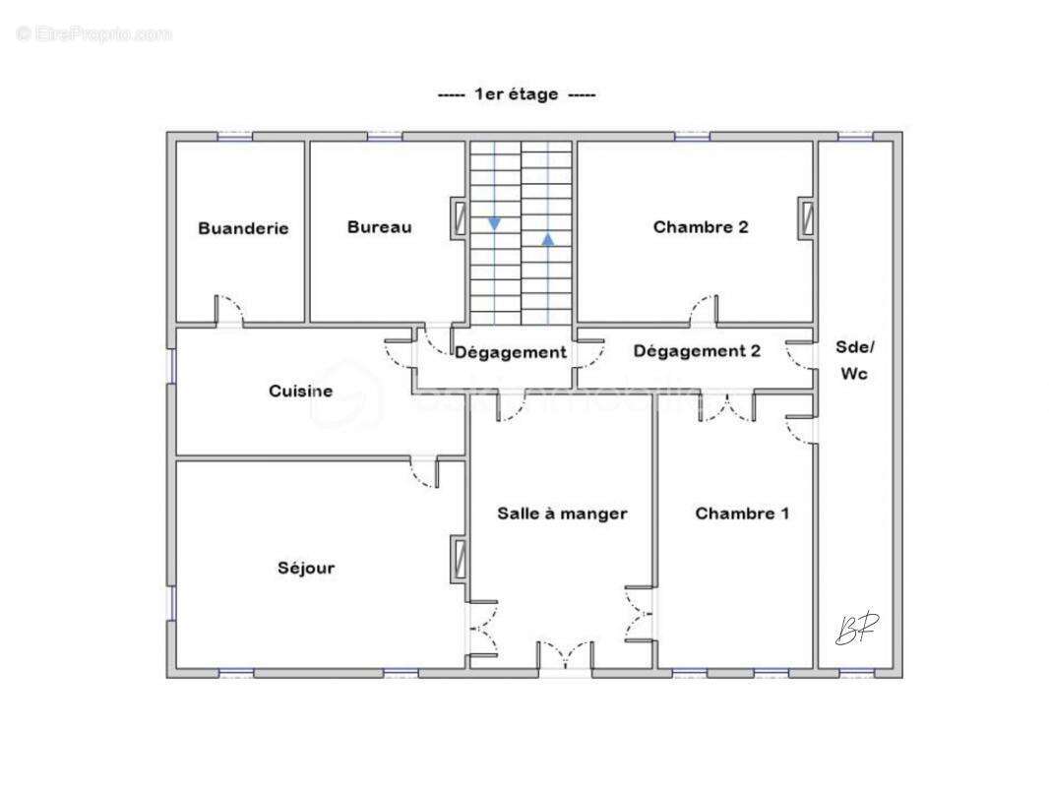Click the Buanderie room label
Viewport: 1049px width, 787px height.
(x=243, y=228)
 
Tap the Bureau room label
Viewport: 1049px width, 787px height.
(x=379, y=227)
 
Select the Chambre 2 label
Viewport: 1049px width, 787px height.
(x=701, y=227)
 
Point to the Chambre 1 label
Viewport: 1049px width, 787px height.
(x=742, y=514)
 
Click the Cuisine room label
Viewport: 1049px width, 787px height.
(x=300, y=392)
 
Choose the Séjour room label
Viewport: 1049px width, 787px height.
(x=305, y=568)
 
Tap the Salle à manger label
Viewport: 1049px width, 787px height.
(x=562, y=514)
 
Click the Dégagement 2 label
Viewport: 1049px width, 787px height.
(x=697, y=351)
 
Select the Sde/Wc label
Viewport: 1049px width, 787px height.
(x=853, y=360)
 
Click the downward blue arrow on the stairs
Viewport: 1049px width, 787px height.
(x=494, y=223)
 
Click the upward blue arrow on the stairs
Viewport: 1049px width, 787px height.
(x=547, y=238)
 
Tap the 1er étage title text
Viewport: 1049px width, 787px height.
(x=517, y=94)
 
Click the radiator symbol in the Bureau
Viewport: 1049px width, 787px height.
(x=459, y=218)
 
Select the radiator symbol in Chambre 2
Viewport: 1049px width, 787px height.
(x=807, y=217)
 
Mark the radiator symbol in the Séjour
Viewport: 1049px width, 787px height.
(x=459, y=558)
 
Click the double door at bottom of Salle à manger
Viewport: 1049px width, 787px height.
(x=565, y=656)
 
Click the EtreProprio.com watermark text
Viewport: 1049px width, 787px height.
(x=93, y=34)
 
